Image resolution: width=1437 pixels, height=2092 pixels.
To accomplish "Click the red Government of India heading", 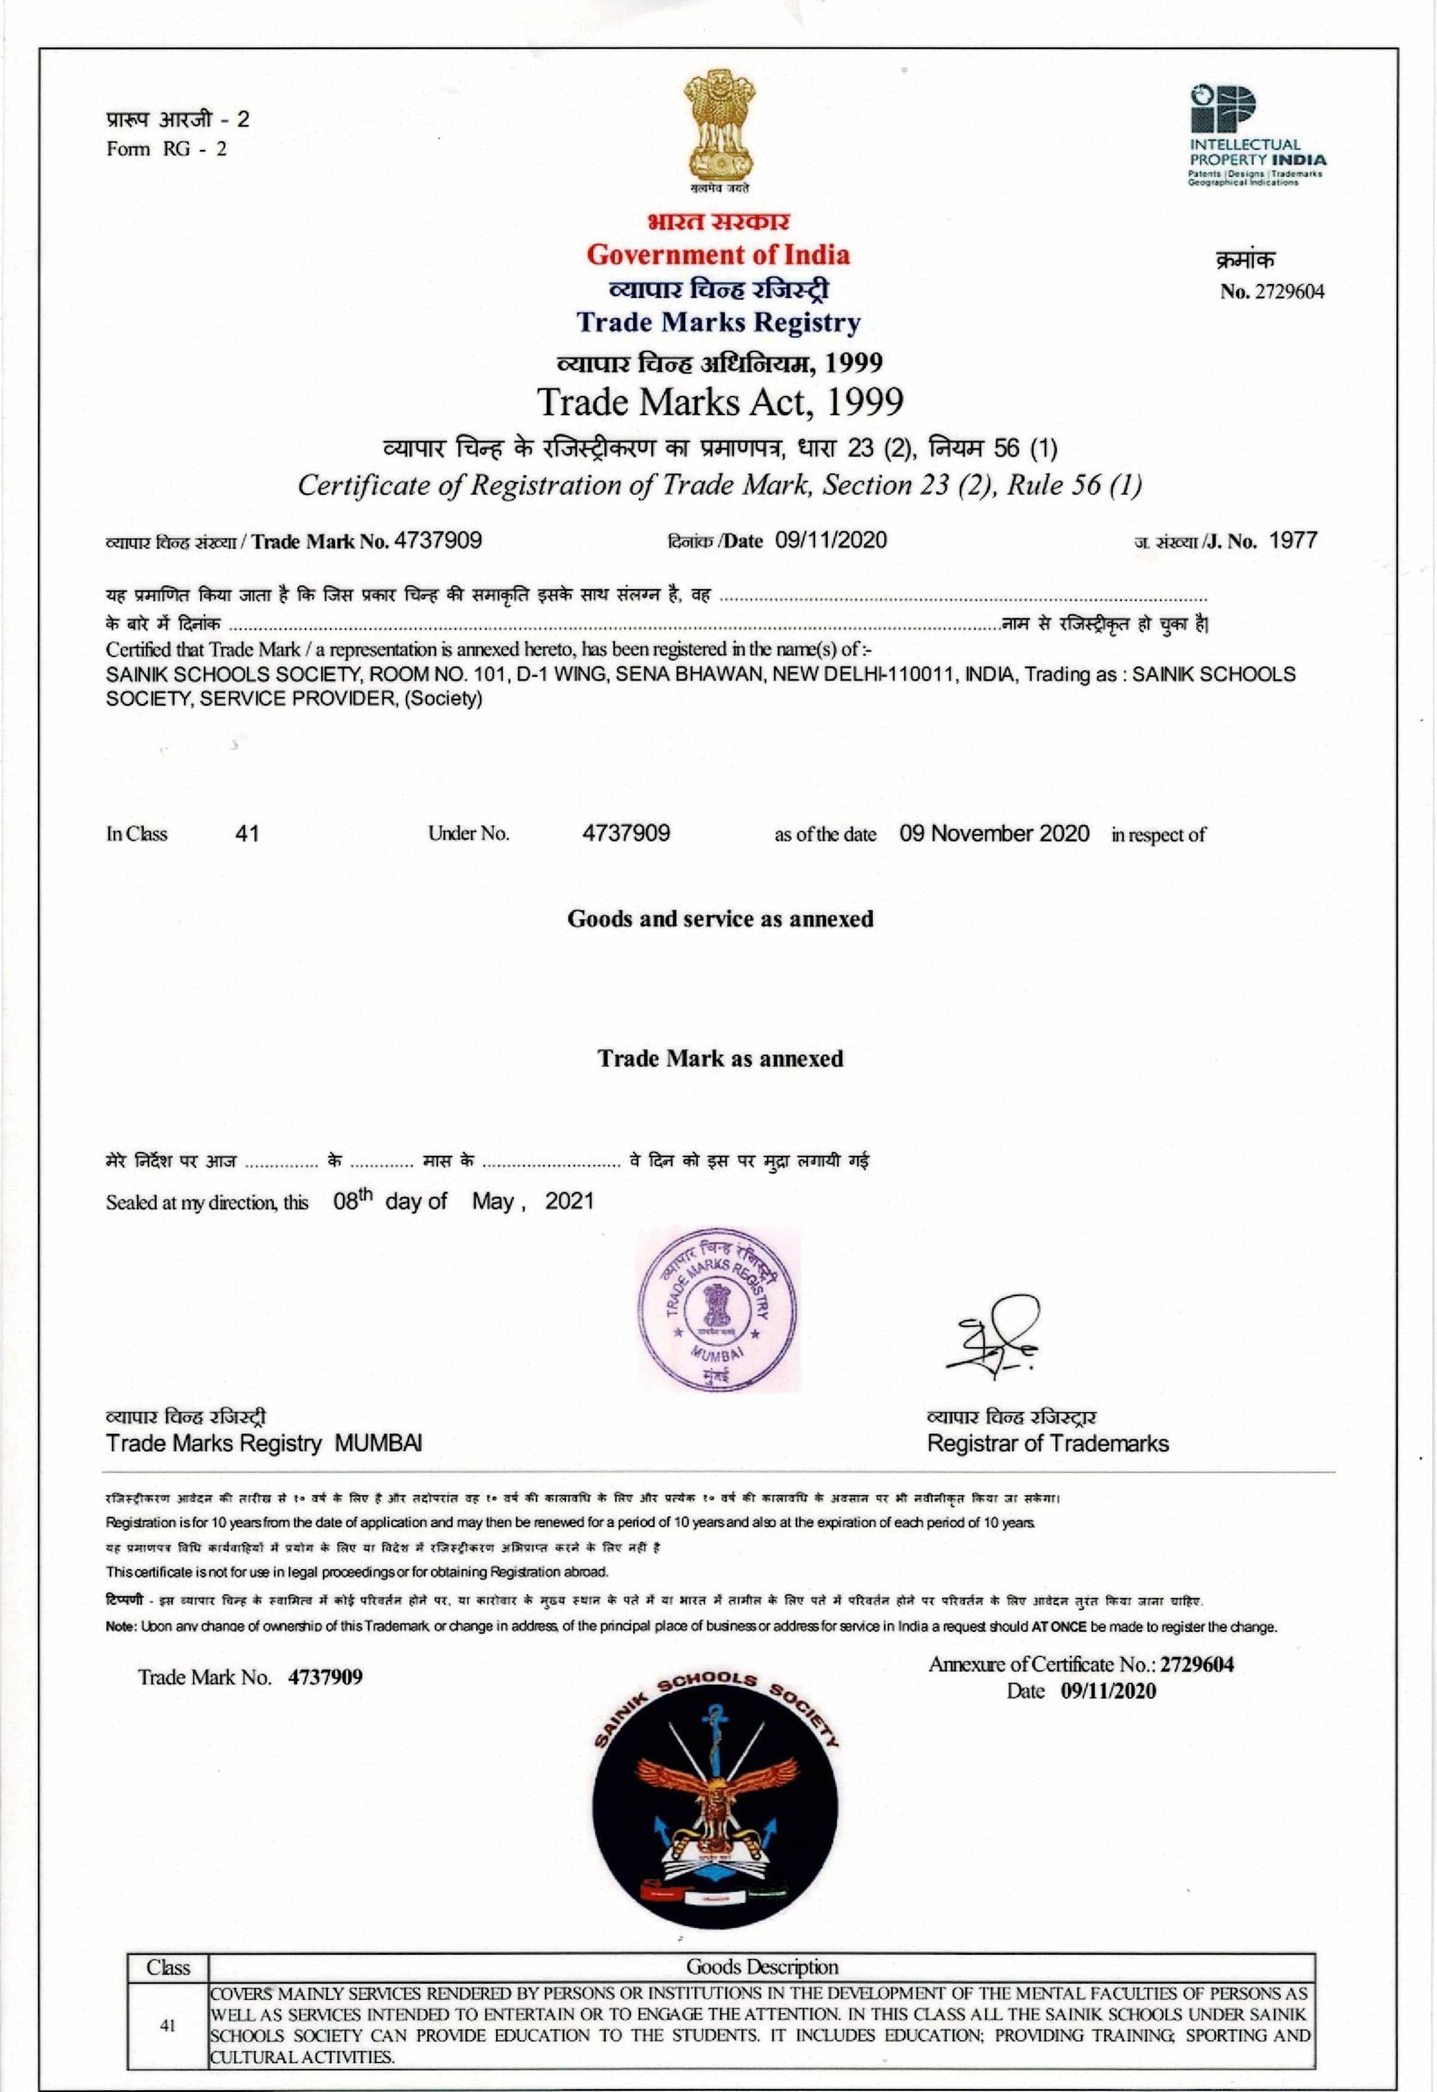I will (x=718, y=255).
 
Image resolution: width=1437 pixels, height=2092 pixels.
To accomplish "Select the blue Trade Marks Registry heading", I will (x=718, y=322).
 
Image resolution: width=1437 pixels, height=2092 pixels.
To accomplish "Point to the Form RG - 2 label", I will (x=167, y=149).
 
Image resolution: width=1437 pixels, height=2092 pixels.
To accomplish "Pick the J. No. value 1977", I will (x=1293, y=540).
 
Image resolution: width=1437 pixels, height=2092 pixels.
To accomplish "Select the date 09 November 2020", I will (x=994, y=833).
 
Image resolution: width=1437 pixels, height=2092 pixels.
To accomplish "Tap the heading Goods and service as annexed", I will (x=719, y=919).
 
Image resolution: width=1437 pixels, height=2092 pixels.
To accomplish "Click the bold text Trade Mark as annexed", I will (x=720, y=1058).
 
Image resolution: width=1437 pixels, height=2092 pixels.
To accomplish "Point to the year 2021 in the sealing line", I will (x=569, y=1200).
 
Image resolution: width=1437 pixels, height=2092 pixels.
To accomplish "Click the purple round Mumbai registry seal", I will (x=718, y=1309).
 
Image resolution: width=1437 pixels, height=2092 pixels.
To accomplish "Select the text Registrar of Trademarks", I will (x=1047, y=1443).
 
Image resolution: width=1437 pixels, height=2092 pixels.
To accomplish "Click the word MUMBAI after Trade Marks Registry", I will (x=378, y=1443).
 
